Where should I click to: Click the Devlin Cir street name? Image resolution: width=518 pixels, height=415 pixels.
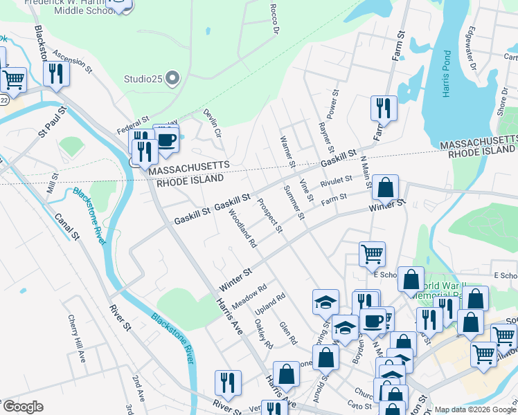coord(212,122)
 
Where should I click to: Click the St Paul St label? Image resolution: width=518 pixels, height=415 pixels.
coord(53,122)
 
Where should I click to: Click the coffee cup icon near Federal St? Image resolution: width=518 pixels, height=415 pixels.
coord(166,138)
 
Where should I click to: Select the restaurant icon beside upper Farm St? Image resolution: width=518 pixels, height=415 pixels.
coord(384,108)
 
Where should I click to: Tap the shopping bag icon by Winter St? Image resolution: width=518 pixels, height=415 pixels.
coord(385,187)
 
